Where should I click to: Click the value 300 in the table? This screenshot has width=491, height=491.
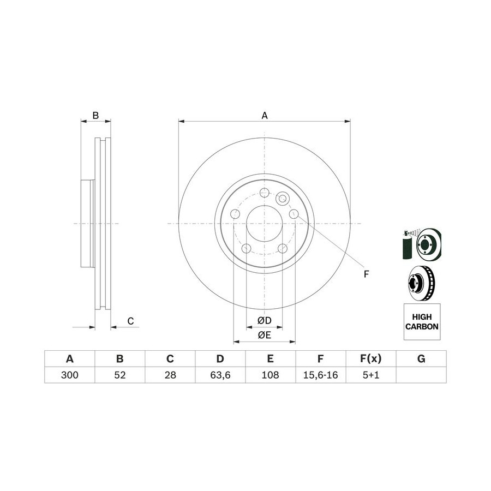(69, 375)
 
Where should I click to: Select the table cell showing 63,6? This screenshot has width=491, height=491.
(220, 375)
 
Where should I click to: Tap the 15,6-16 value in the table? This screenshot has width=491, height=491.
(321, 375)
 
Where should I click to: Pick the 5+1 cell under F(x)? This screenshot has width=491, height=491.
(371, 375)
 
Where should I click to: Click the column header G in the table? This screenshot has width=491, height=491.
(421, 358)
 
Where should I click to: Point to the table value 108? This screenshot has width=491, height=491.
(270, 375)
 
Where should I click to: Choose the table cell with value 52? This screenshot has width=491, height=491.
(119, 375)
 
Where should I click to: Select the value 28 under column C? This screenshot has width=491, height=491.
(170, 375)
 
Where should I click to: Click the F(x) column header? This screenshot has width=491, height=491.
(371, 358)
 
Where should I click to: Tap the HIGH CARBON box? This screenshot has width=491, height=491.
(422, 321)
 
